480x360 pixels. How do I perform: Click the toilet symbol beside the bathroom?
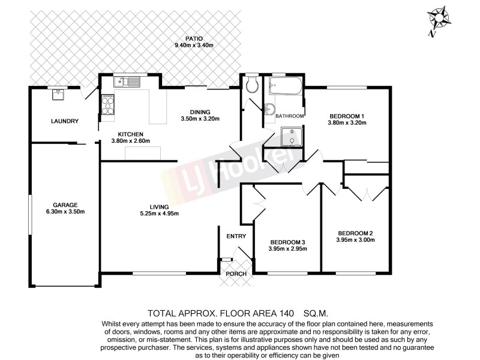coord(252,85)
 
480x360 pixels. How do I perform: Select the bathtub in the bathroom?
coord(285,88)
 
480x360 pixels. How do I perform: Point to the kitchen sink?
coord(129,82)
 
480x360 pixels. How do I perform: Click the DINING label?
coord(200,112)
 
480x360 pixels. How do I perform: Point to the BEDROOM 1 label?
coord(347,116)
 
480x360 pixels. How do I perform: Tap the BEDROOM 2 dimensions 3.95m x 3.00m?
coord(356,240)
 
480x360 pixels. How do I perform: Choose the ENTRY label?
coord(236,236)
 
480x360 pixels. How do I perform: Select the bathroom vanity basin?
coord(269,109)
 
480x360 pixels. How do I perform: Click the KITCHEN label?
coord(130,134)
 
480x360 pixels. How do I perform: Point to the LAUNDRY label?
coord(65,121)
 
